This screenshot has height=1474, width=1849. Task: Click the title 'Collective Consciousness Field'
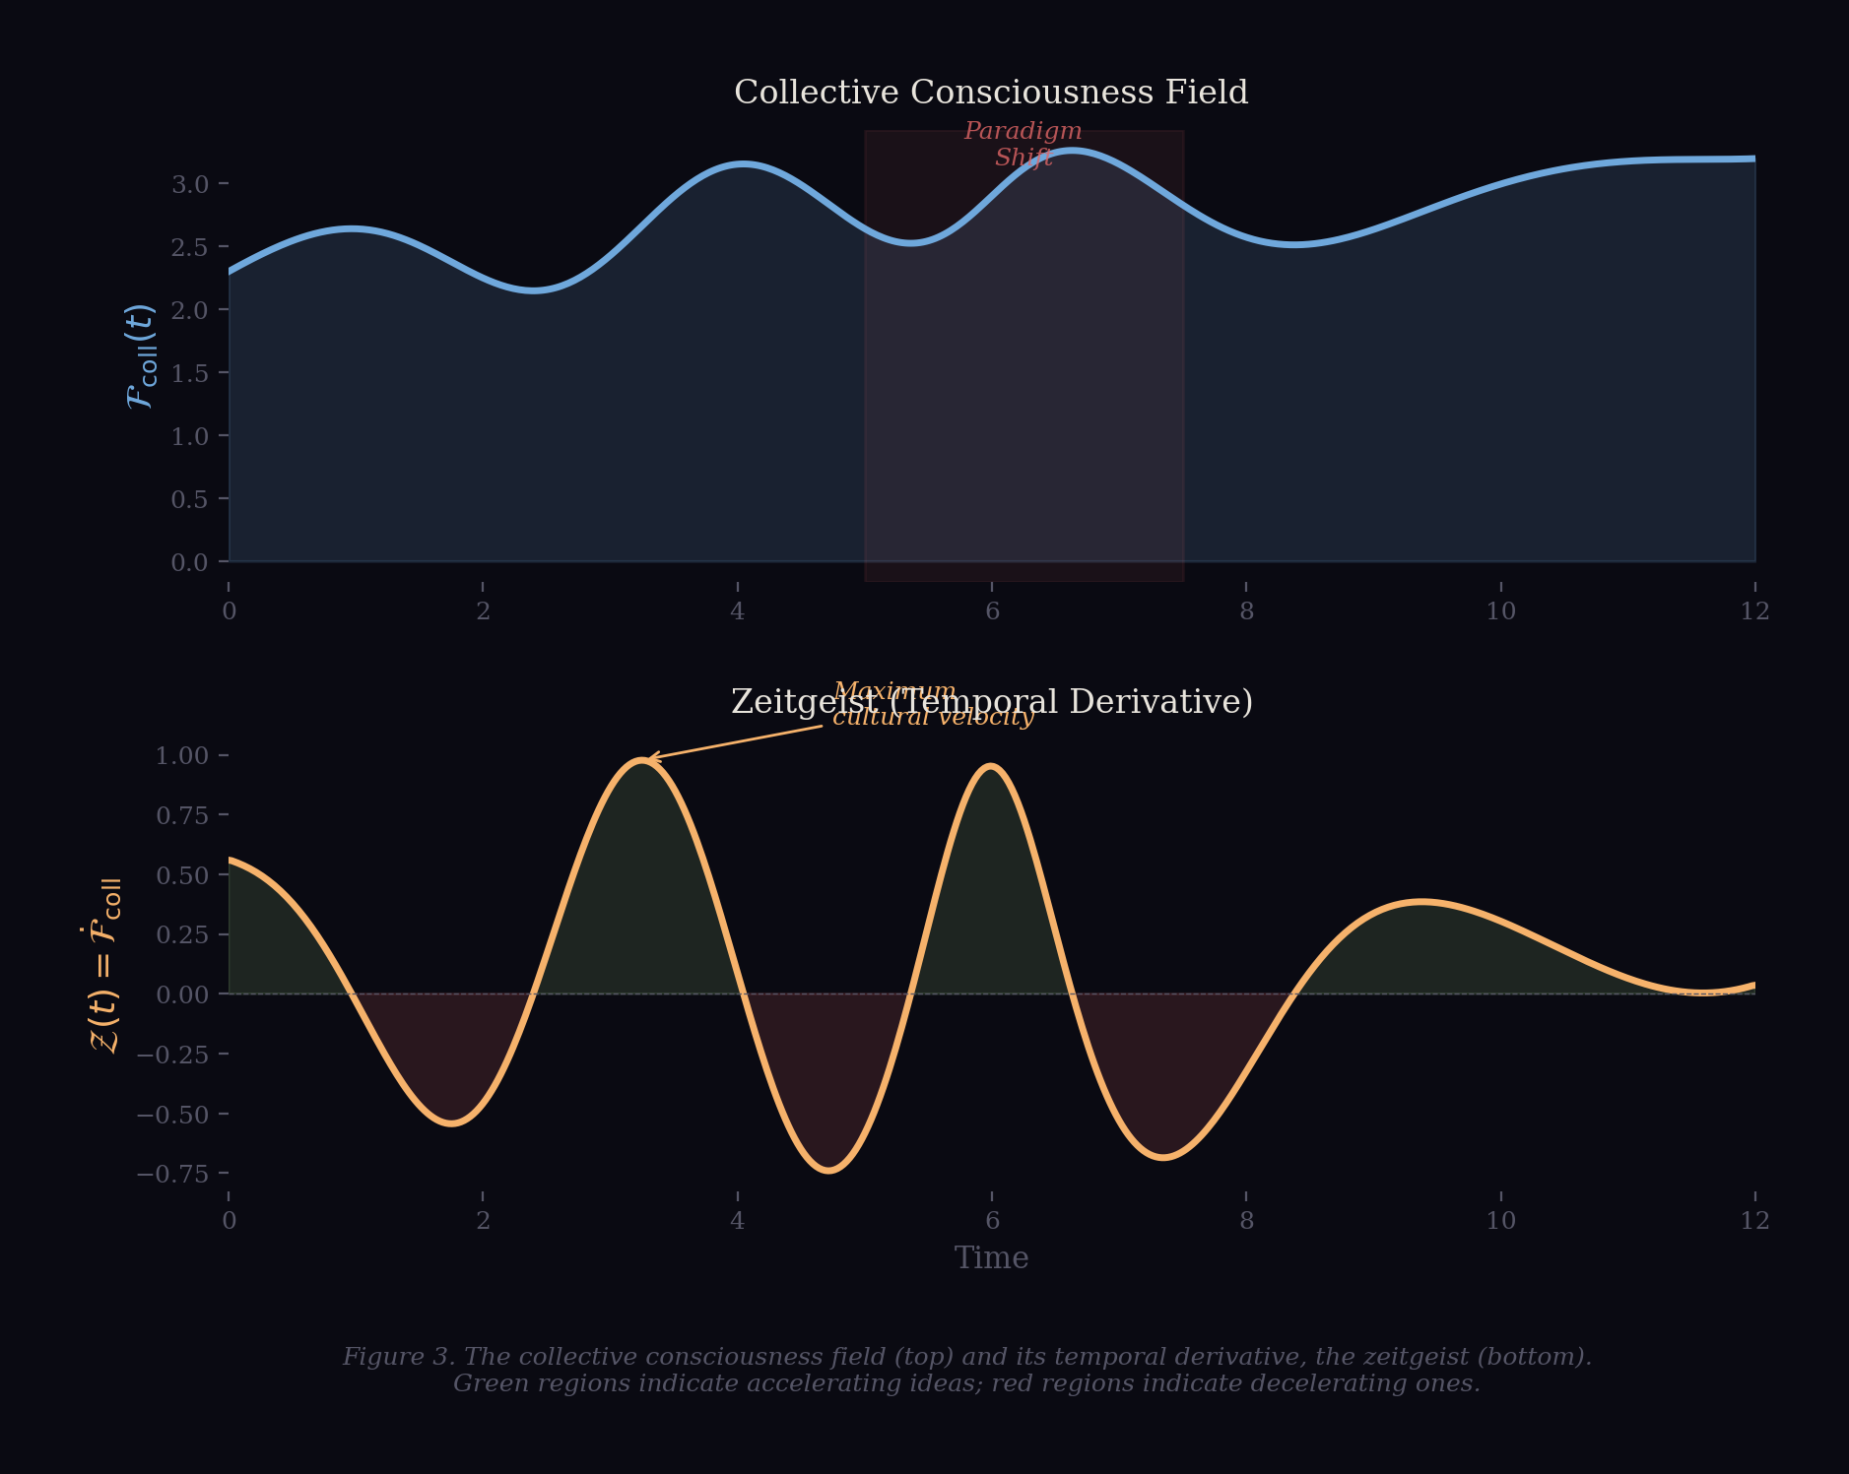(991, 93)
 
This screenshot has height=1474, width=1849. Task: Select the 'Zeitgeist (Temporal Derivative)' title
(991, 702)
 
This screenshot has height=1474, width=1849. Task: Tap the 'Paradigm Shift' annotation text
(1023, 145)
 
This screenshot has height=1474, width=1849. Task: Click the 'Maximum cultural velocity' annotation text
(932, 704)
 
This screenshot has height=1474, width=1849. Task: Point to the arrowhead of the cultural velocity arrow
(649, 758)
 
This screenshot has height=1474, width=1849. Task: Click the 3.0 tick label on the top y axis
(189, 184)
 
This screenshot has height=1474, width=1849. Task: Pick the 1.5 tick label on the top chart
(189, 373)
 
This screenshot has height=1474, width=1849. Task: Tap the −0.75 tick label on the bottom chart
(173, 1174)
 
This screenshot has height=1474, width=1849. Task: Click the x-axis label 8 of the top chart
(1246, 611)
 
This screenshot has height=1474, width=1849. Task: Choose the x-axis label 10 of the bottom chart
(1500, 1221)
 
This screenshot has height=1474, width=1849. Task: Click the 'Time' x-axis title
(991, 1258)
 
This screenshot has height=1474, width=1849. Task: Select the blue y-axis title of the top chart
(140, 356)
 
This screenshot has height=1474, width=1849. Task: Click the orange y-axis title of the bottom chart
(104, 965)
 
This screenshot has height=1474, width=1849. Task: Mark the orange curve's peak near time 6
(991, 766)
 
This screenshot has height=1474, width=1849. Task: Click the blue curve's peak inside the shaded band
(1072, 151)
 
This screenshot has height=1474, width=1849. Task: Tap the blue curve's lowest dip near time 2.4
(533, 290)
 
